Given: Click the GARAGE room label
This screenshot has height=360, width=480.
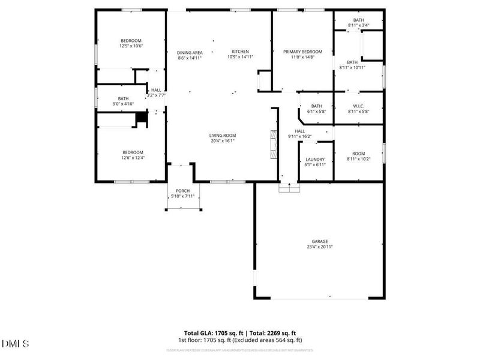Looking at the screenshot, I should [319, 241].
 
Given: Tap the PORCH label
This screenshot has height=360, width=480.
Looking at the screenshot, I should [182, 191].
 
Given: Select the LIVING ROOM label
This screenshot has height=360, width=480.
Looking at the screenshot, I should [223, 136].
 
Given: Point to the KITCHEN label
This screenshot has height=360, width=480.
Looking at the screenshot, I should [241, 52].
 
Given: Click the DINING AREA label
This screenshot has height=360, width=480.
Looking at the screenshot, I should [189, 52].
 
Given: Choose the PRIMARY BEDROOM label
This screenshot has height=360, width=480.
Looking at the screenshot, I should [302, 52].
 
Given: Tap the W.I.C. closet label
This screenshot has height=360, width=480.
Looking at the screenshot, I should [358, 106].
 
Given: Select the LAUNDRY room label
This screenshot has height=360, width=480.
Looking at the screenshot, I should [315, 160].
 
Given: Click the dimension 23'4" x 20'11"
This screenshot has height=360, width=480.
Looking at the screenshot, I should [319, 247].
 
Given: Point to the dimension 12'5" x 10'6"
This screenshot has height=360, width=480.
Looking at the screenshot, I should [131, 46].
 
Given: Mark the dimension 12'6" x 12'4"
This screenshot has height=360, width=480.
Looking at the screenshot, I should [133, 158].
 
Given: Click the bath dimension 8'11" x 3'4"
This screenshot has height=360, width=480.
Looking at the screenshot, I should [358, 25].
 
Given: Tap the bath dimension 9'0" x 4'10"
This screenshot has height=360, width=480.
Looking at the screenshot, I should [123, 104].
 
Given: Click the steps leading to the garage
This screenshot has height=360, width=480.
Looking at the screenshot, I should [289, 188].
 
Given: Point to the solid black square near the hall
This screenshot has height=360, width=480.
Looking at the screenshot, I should [142, 118].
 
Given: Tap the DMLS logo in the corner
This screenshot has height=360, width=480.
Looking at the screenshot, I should [16, 344].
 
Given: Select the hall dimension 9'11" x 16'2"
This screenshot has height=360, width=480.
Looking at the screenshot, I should [300, 136].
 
